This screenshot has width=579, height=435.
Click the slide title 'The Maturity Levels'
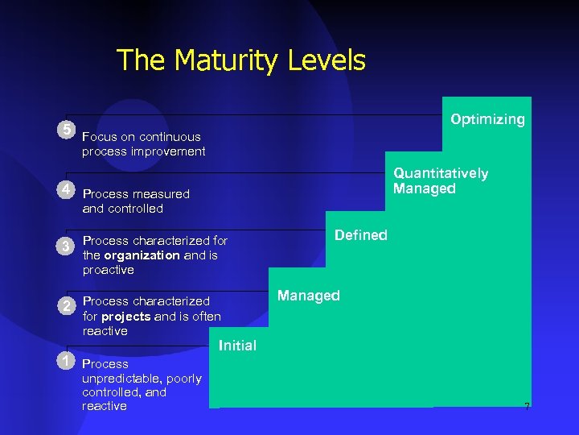(240, 60)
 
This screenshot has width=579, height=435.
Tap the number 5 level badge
(67, 130)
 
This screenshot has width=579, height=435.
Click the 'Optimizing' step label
(487, 119)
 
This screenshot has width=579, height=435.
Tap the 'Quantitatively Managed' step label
(440, 181)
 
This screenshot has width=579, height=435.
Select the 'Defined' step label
(361, 235)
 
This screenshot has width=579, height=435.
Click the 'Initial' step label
(237, 346)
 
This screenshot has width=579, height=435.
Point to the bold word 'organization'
(141, 255)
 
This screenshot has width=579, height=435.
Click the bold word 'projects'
(125, 316)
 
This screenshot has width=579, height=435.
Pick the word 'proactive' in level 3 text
(109, 270)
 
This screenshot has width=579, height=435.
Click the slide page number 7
(527, 407)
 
